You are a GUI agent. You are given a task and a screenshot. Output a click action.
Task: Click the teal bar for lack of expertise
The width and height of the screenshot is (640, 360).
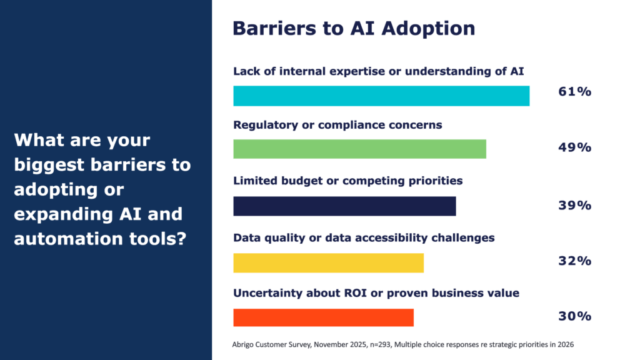pyautogui.click(x=381, y=96)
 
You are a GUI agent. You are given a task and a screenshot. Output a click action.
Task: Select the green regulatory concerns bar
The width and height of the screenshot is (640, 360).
pyautogui.click(x=359, y=149)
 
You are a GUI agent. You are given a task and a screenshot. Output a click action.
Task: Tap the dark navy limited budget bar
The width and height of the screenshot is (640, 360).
pyautogui.click(x=344, y=206)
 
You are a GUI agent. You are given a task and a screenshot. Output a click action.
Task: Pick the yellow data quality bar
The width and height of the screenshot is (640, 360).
pyautogui.click(x=328, y=262)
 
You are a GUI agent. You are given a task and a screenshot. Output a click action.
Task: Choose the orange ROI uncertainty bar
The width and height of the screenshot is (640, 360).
pyautogui.click(x=323, y=317)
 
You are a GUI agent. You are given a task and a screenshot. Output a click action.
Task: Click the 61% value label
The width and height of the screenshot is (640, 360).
pyautogui.click(x=574, y=92)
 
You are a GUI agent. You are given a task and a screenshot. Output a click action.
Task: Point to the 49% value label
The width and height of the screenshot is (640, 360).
pyautogui.click(x=574, y=147)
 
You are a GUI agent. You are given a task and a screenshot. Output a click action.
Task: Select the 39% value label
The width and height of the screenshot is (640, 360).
pyautogui.click(x=574, y=205)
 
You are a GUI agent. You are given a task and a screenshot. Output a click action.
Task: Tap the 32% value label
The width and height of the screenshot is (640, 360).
pyautogui.click(x=574, y=261)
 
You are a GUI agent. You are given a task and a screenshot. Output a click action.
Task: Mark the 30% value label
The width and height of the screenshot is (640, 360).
pyautogui.click(x=574, y=316)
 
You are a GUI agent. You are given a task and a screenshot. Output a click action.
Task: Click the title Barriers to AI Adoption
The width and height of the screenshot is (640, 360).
pyautogui.click(x=354, y=28)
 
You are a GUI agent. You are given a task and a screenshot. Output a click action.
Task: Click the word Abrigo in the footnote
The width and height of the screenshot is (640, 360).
pyautogui.click(x=243, y=344)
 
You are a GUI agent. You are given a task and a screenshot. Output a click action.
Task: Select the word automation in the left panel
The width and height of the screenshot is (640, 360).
pyautogui.click(x=59, y=239)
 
